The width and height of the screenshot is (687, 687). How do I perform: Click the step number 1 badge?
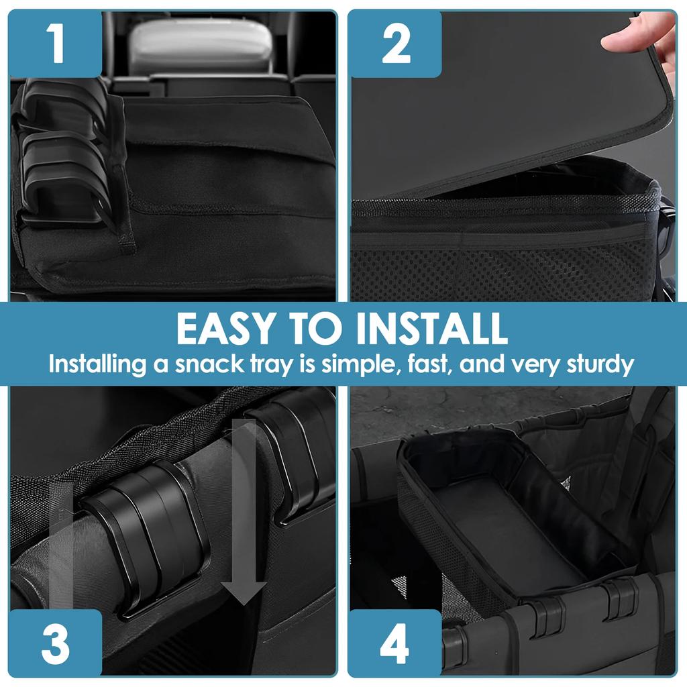click(56, 44)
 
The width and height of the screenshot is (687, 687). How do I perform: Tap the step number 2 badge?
click(395, 44)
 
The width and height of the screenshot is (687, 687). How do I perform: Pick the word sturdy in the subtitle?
click(597, 364)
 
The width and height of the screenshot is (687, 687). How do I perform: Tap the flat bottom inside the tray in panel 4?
click(510, 530)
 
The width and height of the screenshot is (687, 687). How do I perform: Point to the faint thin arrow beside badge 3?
click(62, 537)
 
